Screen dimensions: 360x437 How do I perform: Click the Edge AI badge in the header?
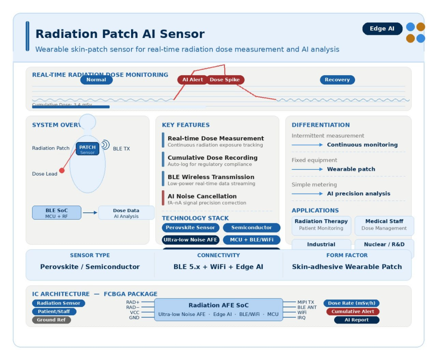click(382, 29)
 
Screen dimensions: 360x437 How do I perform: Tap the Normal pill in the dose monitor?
click(96, 80)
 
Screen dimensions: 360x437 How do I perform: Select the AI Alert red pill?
click(192, 80)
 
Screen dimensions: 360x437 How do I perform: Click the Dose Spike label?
click(225, 80)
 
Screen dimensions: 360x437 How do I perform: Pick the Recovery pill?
click(337, 80)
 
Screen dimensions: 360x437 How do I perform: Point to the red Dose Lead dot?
click(62, 171)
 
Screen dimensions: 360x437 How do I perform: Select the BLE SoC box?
click(57, 213)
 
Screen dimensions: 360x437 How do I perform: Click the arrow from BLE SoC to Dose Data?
click(90, 213)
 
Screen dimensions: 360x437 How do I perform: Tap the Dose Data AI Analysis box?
click(126, 213)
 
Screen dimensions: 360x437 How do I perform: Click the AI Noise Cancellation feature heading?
click(202, 196)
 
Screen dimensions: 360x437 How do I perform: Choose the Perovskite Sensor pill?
click(191, 227)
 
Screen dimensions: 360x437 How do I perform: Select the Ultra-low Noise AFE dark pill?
click(191, 240)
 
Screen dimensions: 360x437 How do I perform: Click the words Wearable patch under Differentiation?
click(351, 169)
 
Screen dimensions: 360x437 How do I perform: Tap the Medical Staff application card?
click(384, 225)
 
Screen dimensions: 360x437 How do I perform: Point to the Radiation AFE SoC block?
click(219, 309)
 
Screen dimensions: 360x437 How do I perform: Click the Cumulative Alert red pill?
click(353, 311)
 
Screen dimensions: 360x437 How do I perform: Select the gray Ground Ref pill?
click(51, 320)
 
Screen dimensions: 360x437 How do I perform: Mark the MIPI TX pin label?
click(306, 302)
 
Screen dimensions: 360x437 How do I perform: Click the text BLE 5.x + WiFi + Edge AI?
click(219, 267)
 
